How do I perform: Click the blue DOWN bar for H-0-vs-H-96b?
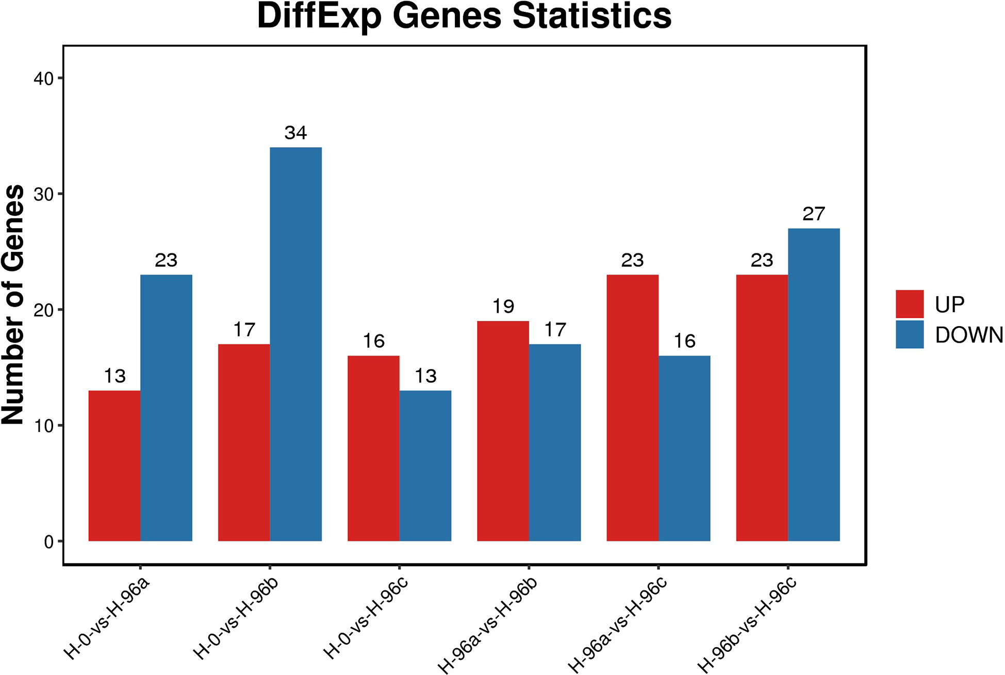(x=295, y=344)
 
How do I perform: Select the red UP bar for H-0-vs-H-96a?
(x=114, y=465)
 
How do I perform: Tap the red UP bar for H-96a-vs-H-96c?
(x=632, y=408)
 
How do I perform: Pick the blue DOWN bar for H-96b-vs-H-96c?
(x=814, y=384)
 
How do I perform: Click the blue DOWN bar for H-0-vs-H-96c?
(x=425, y=465)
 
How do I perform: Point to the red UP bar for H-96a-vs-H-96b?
(x=503, y=431)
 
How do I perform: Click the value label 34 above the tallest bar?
(x=295, y=133)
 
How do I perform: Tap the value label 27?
(x=814, y=214)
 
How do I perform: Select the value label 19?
(x=503, y=307)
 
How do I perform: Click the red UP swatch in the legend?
(x=910, y=304)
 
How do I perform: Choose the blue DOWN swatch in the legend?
(x=910, y=334)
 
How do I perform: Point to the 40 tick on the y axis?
(x=43, y=79)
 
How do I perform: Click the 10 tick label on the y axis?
(x=43, y=426)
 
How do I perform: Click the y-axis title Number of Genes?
(x=13, y=304)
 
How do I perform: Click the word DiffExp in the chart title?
(x=319, y=17)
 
